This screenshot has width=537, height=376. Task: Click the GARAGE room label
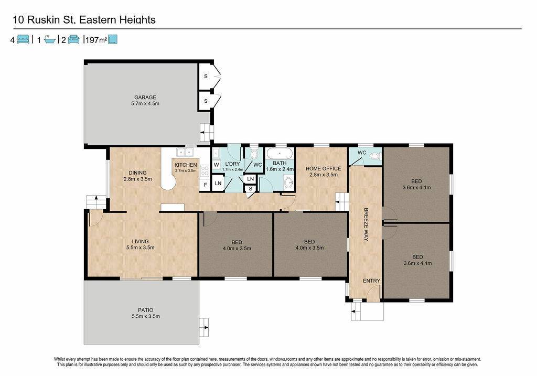[145, 97]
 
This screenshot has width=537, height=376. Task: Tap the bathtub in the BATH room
[280, 154]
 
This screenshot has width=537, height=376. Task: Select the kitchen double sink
[185, 152]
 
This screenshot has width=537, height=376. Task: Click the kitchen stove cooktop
[205, 170]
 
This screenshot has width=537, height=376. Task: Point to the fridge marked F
[206, 185]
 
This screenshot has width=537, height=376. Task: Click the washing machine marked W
[217, 165]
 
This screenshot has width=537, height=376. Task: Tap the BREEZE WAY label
[366, 224]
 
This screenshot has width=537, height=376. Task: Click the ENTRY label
[372, 281]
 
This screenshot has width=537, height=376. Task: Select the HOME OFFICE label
[323, 168]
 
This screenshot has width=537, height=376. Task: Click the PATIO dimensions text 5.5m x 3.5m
[146, 316]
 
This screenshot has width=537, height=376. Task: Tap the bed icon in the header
[23, 39]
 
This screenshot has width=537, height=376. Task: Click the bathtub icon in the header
[50, 39]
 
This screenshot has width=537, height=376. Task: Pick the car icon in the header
[74, 39]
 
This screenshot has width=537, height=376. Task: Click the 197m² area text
[96, 40]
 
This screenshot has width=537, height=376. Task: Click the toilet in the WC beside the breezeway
[375, 157]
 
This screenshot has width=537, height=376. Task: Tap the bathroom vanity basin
[289, 182]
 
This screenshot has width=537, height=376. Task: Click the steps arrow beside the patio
[205, 328]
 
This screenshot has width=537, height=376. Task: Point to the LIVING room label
[141, 241]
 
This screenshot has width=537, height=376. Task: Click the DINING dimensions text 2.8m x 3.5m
[138, 179]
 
